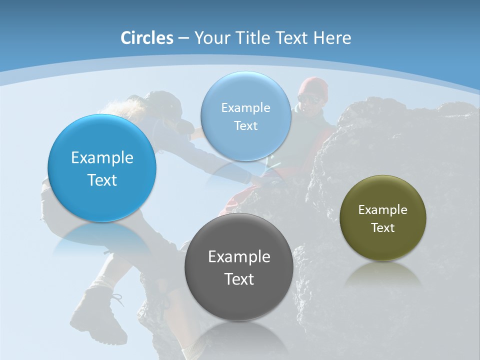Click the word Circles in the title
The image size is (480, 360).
147,38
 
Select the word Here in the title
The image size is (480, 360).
332,38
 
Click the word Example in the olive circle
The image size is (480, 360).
383,210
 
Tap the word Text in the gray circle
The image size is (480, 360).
239,279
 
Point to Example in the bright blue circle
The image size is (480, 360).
102,158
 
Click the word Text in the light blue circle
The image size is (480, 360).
245,126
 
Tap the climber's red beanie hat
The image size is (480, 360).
313,86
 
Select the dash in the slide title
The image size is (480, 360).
183,38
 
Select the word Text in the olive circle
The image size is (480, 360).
383,228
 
